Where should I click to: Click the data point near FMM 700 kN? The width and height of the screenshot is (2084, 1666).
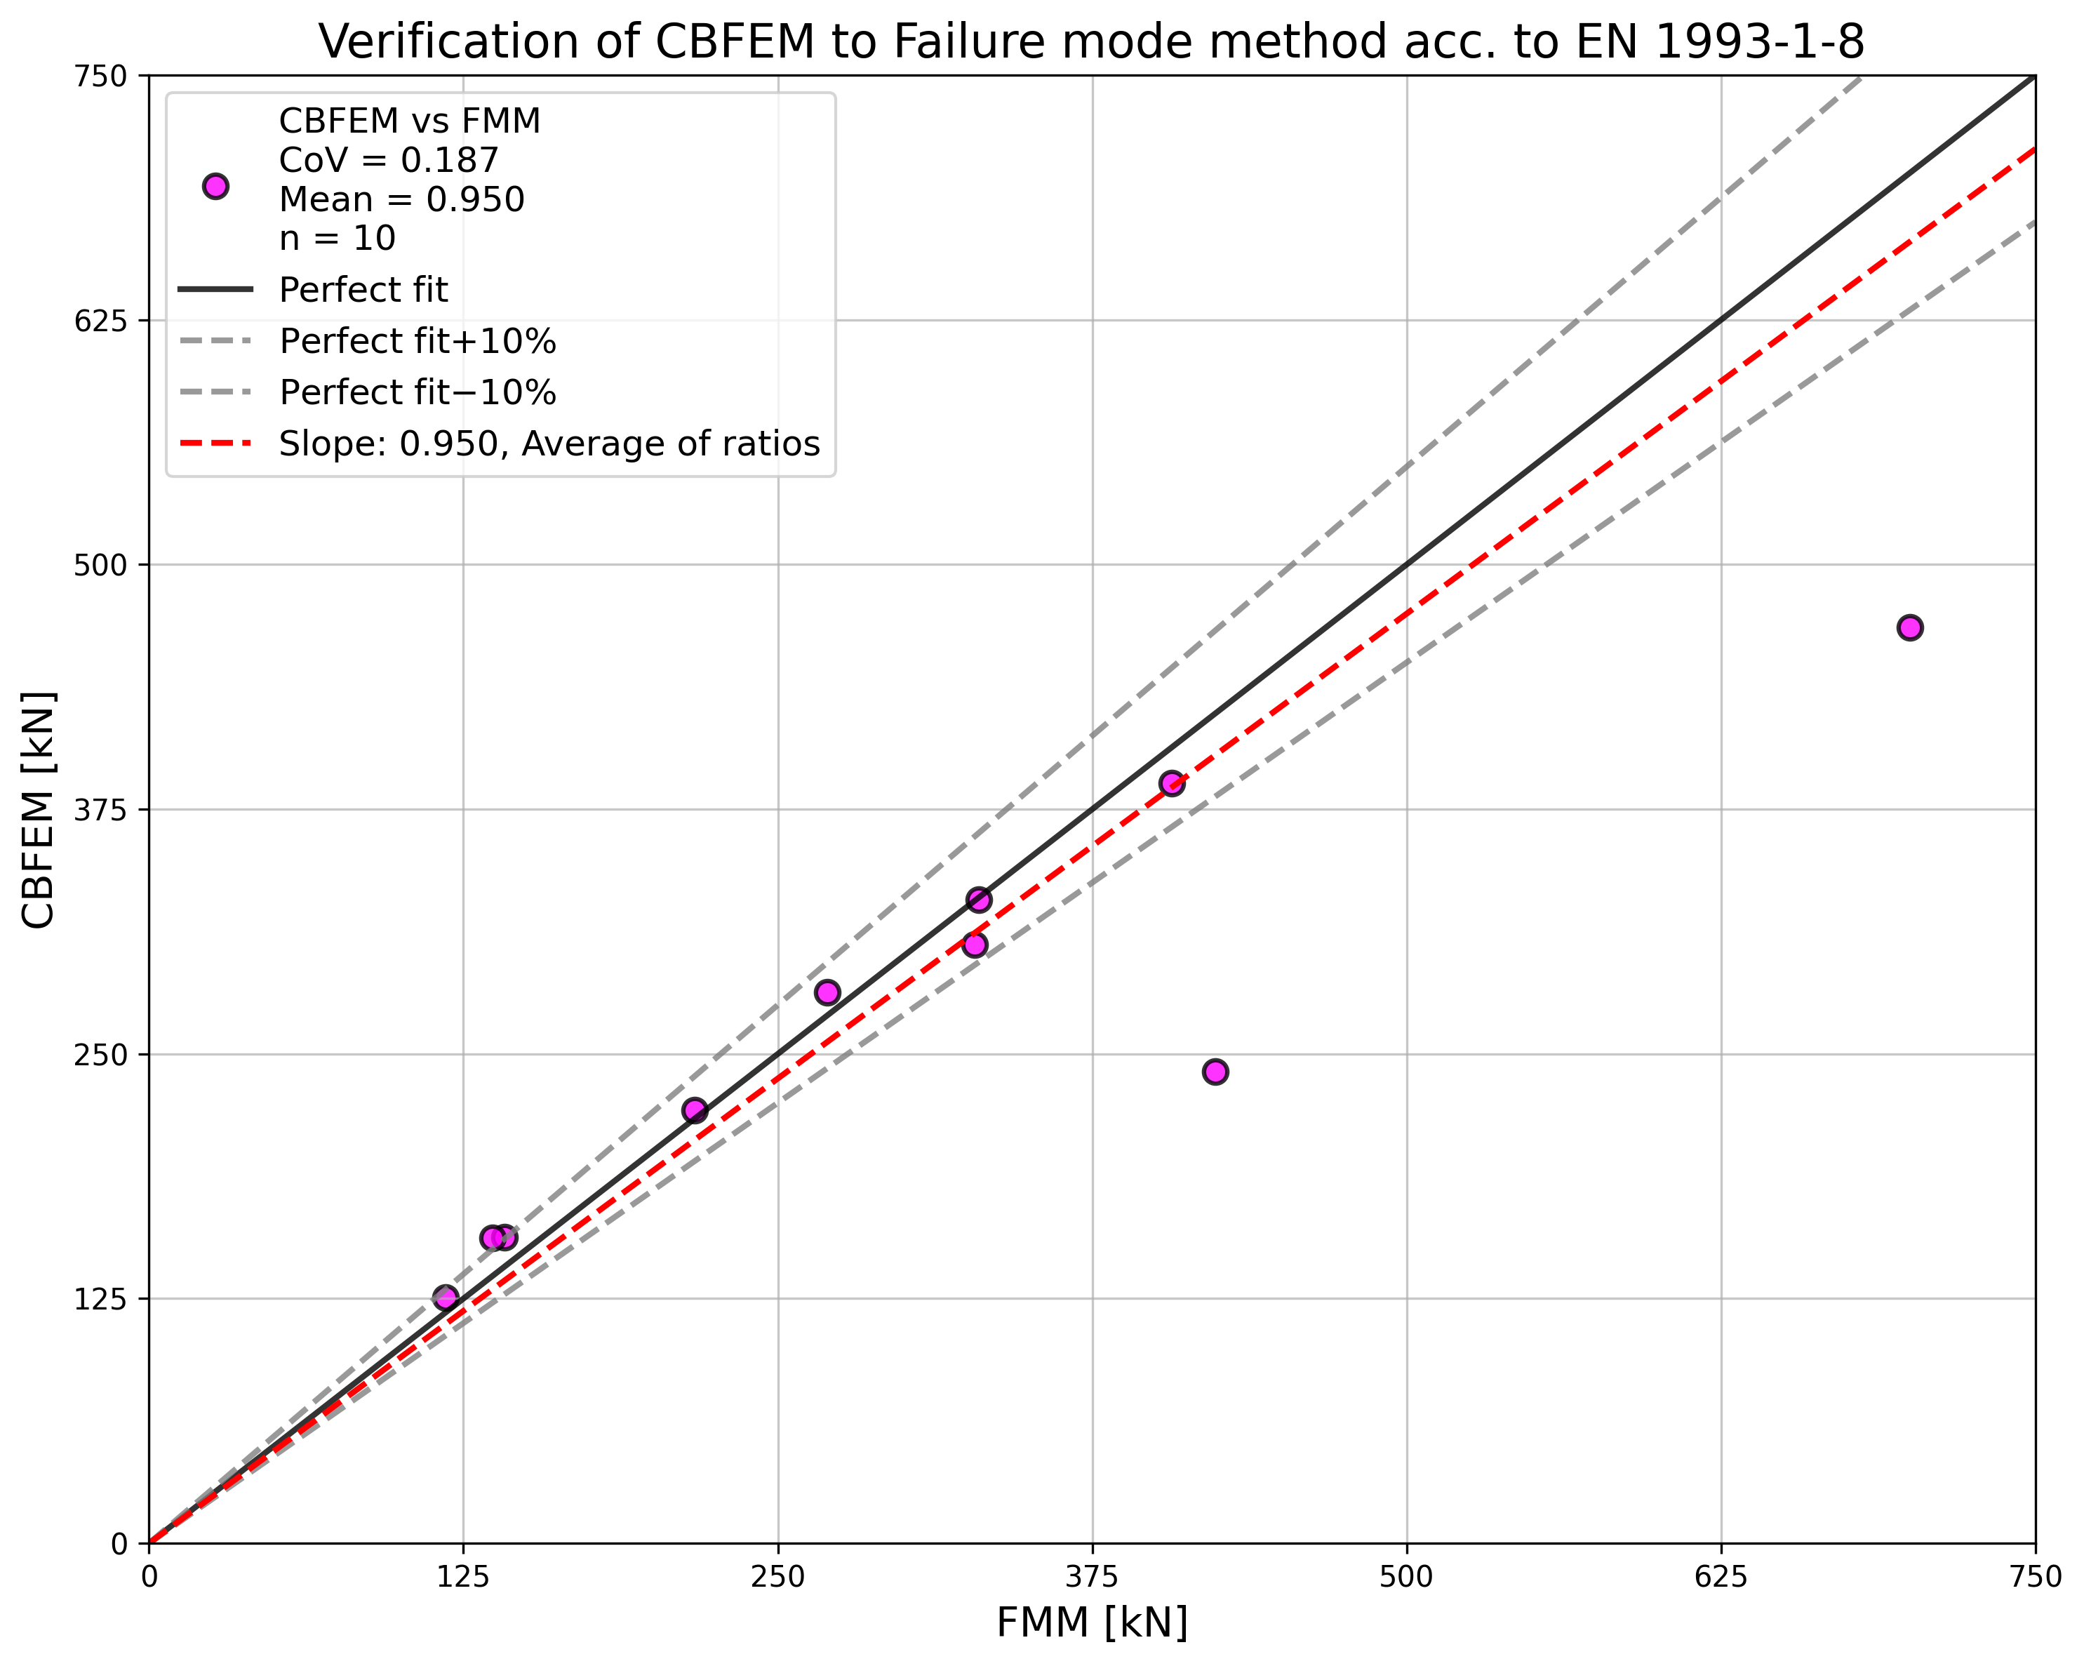pos(1910,627)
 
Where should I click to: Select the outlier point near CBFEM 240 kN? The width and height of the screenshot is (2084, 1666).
pos(1215,1072)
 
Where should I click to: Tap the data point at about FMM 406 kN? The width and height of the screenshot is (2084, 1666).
pos(1172,783)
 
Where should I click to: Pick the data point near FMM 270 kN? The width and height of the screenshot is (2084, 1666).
pos(827,992)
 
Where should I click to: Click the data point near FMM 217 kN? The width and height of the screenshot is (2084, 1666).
pos(695,1110)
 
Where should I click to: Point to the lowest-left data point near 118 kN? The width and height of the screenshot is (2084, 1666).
pos(446,1298)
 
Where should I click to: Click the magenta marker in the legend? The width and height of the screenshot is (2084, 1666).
pos(215,187)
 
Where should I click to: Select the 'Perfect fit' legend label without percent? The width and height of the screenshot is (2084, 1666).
pos(363,290)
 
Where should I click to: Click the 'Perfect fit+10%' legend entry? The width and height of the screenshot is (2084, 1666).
pos(418,341)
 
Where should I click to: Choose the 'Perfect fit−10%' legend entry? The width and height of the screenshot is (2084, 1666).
pos(418,392)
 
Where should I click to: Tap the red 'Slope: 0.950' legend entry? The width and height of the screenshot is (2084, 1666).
pos(549,444)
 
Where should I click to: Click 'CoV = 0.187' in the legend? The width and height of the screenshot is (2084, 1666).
pos(389,161)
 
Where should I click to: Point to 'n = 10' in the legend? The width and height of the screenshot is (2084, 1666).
pos(338,238)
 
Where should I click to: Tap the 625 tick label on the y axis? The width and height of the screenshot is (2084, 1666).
pos(100,320)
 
